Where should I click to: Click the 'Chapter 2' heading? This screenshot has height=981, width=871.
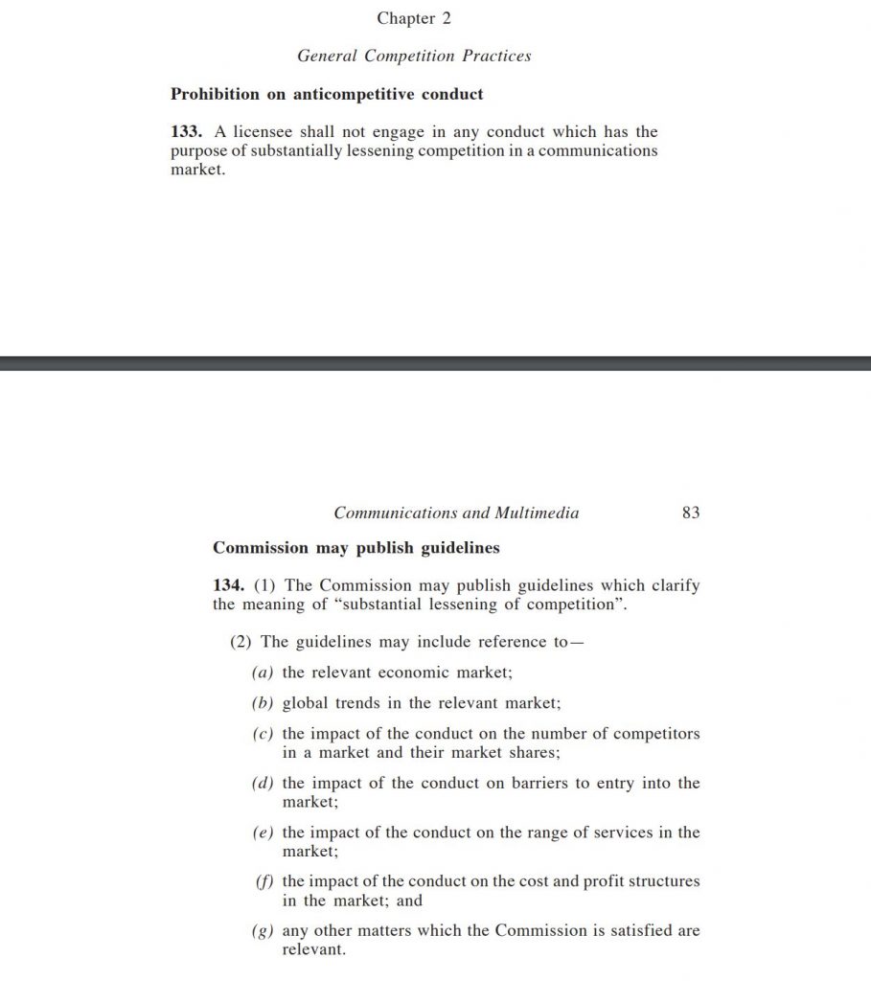(x=413, y=18)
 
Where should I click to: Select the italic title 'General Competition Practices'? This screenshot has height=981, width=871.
(x=413, y=56)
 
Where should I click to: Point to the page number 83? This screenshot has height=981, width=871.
(x=690, y=513)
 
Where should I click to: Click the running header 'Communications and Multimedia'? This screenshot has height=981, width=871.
(x=456, y=513)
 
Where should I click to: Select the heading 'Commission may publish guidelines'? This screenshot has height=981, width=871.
(x=355, y=548)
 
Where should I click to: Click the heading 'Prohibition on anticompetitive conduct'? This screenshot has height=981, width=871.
(x=327, y=94)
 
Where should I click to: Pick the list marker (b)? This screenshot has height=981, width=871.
(x=263, y=703)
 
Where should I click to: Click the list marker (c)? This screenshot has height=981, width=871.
(x=263, y=734)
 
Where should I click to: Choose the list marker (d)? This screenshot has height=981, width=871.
(x=263, y=784)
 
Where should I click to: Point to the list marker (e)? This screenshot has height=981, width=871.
(x=263, y=833)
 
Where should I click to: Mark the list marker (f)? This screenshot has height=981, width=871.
(x=263, y=881)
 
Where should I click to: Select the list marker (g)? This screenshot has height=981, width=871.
(x=263, y=931)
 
